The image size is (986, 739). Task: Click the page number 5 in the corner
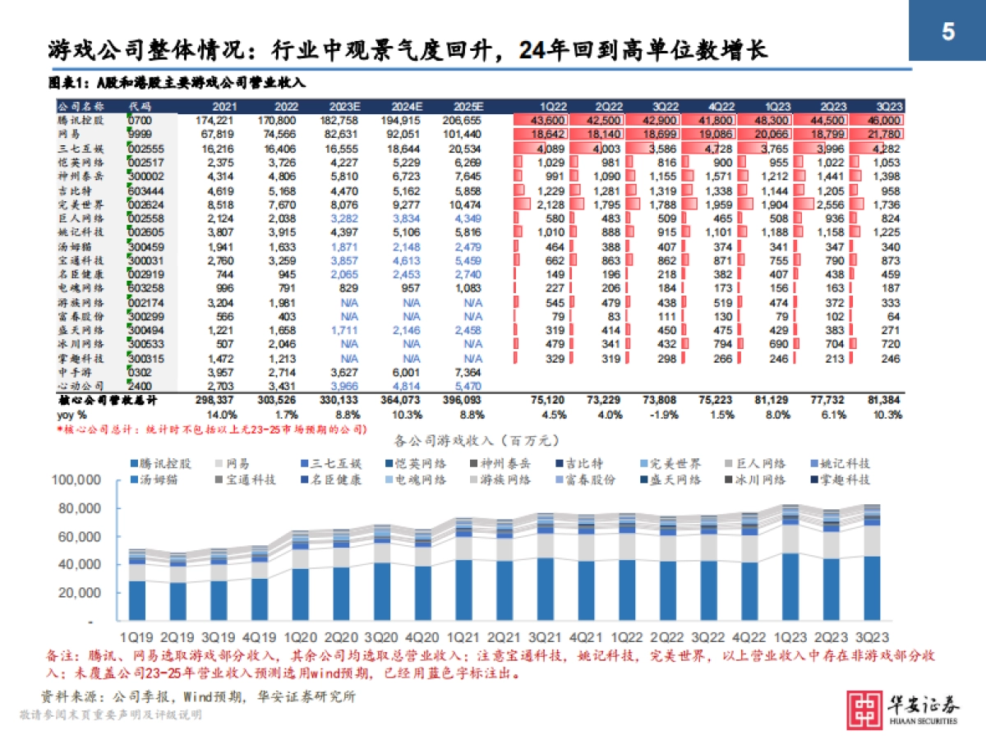pyautogui.click(x=947, y=32)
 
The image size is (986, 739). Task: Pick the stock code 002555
pyautogui.click(x=147, y=149)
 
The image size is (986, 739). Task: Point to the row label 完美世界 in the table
pyautogui.click(x=80, y=204)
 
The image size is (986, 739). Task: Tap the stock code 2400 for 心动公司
pyautogui.click(x=141, y=386)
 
